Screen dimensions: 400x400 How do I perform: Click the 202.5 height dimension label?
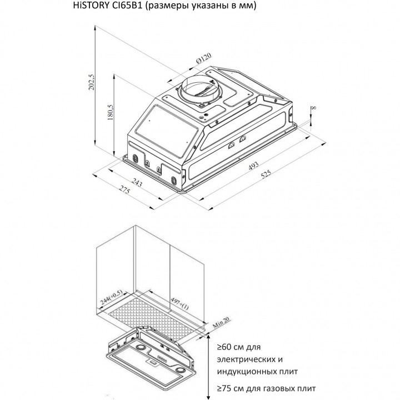[x=91, y=82]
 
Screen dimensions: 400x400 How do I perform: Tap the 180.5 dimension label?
[x=110, y=112]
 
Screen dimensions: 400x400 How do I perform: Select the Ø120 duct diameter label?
[x=203, y=59]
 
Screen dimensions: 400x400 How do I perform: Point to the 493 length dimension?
[x=253, y=166]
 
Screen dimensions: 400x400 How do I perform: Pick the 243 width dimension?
[x=137, y=182]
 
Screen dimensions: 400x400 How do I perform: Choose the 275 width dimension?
[x=124, y=190]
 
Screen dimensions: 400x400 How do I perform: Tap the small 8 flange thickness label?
[x=314, y=108]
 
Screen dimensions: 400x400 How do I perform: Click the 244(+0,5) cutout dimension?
[x=112, y=297]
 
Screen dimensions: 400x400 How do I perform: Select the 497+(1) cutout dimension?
[x=179, y=303]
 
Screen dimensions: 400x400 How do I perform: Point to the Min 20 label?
[x=221, y=322]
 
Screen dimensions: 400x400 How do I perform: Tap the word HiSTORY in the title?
[x=91, y=6]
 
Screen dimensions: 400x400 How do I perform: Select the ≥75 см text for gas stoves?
[x=231, y=388]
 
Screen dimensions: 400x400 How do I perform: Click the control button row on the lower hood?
[x=162, y=359]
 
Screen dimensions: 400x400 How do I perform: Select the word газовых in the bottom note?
[x=281, y=388]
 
